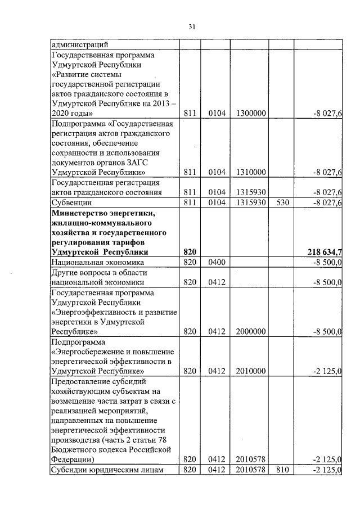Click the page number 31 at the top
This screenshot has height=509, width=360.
(192, 26)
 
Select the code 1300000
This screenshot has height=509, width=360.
(251, 114)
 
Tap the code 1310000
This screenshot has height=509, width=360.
(251, 172)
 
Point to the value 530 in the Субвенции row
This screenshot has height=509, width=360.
(281, 202)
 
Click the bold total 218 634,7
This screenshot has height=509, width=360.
(325, 253)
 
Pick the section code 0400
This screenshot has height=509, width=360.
(217, 263)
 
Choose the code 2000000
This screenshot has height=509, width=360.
(251, 332)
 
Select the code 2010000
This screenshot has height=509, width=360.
(251, 371)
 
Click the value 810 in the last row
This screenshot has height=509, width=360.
(281, 470)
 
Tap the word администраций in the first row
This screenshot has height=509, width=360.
(79, 44)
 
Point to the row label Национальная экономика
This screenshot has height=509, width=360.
(98, 263)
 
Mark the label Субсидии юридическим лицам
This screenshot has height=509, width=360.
(107, 470)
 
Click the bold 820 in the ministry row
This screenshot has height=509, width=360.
(190, 253)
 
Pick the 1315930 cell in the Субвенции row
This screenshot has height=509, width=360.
(251, 202)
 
